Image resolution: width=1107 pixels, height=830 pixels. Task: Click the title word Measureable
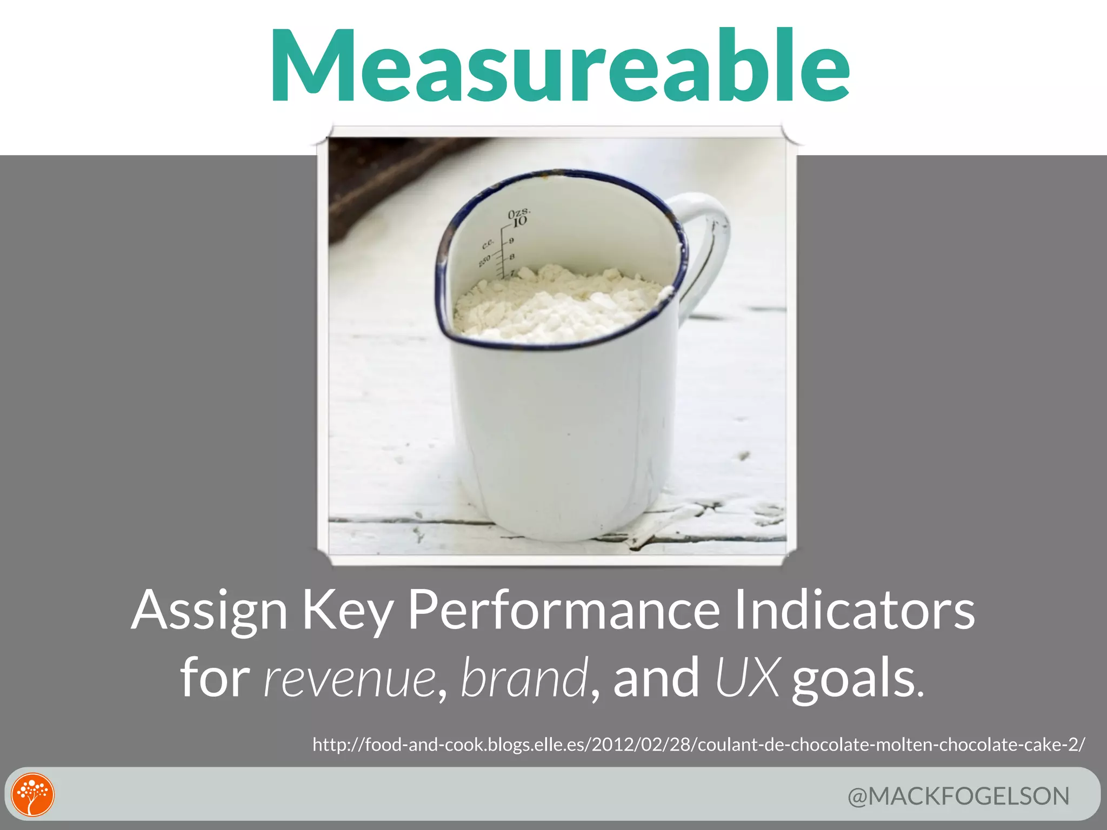pyautogui.click(x=560, y=66)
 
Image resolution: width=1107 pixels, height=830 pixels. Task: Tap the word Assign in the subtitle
pyautogui.click(x=209, y=611)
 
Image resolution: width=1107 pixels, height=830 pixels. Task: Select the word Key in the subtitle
pyautogui.click(x=346, y=611)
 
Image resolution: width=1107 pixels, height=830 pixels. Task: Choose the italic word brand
pyautogui.click(x=524, y=677)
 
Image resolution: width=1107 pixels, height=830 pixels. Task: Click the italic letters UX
pyautogui.click(x=748, y=677)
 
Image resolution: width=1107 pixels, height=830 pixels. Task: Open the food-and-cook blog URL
pyautogui.click(x=698, y=745)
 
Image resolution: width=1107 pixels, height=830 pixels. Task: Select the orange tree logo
pyautogui.click(x=33, y=795)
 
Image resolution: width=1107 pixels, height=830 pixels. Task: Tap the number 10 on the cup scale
pyautogui.click(x=519, y=222)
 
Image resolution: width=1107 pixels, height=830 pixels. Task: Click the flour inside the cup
pyautogui.click(x=557, y=303)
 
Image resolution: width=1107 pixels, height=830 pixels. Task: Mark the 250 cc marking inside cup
pyautogui.click(x=484, y=260)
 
